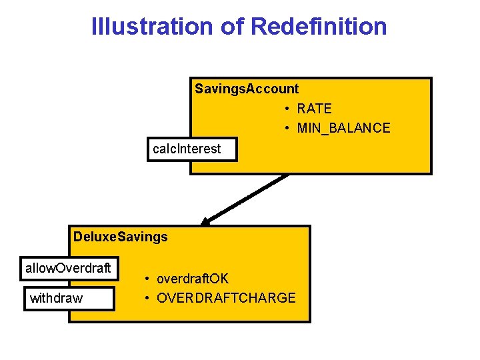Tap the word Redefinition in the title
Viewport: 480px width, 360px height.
click(x=319, y=27)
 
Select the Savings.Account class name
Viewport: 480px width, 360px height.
click(x=247, y=89)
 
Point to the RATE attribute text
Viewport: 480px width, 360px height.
click(x=315, y=109)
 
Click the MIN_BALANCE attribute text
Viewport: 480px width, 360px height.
click(x=344, y=128)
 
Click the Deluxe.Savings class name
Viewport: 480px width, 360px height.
click(x=121, y=237)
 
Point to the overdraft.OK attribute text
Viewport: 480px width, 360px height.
click(x=193, y=279)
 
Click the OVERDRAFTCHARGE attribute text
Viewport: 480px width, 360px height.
click(x=226, y=298)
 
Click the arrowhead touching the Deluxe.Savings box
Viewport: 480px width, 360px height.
click(x=207, y=221)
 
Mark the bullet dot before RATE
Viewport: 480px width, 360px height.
click(x=285, y=109)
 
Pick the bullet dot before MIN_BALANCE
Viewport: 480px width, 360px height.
click(x=285, y=128)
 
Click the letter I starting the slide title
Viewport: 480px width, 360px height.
click(x=94, y=27)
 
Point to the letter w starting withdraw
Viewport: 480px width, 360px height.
click(x=34, y=299)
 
